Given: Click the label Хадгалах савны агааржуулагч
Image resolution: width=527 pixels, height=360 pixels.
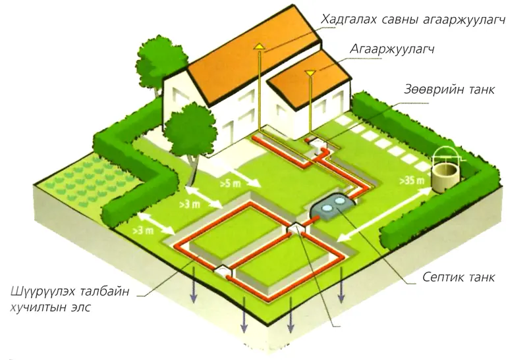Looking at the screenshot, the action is tap(413, 20).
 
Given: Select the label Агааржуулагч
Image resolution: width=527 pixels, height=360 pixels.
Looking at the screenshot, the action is tap(392, 50).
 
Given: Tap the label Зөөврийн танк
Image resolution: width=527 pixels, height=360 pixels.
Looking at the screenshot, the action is tap(449, 90).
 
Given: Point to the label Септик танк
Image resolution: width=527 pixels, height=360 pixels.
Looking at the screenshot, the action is tap(458, 277).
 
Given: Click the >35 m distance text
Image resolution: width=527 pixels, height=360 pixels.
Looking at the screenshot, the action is tap(412, 180).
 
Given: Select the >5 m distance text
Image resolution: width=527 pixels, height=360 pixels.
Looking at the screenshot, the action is tap(230, 184).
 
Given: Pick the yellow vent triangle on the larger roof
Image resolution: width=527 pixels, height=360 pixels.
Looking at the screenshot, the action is tap(259, 46).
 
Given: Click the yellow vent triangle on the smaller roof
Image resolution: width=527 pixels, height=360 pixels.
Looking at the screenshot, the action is tap(310, 72).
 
